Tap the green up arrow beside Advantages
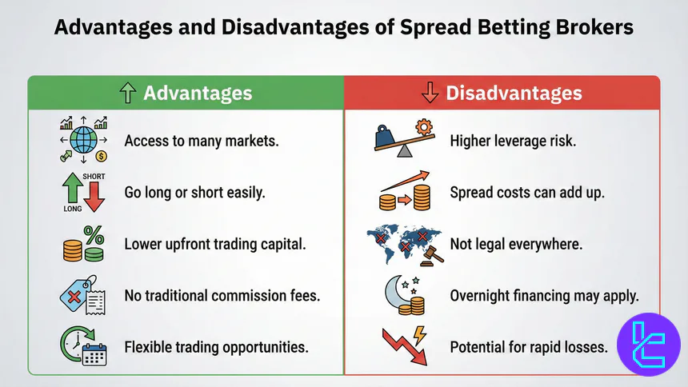pyautogui.click(x=127, y=94)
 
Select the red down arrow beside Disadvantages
pyautogui.click(x=430, y=94)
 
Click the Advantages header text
pyautogui.click(x=197, y=93)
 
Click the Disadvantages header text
pyautogui.click(x=513, y=93)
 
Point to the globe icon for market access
pyautogui.click(x=83, y=141)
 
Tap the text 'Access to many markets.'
pyautogui.click(x=201, y=141)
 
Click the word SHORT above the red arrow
pyautogui.click(x=94, y=176)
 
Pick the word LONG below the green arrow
pyautogui.click(x=73, y=209)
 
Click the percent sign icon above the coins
pyautogui.click(x=94, y=235)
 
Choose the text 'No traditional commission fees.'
pyautogui.click(x=222, y=295)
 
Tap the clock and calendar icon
pyautogui.click(x=82, y=346)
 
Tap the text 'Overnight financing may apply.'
pyautogui.click(x=544, y=295)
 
